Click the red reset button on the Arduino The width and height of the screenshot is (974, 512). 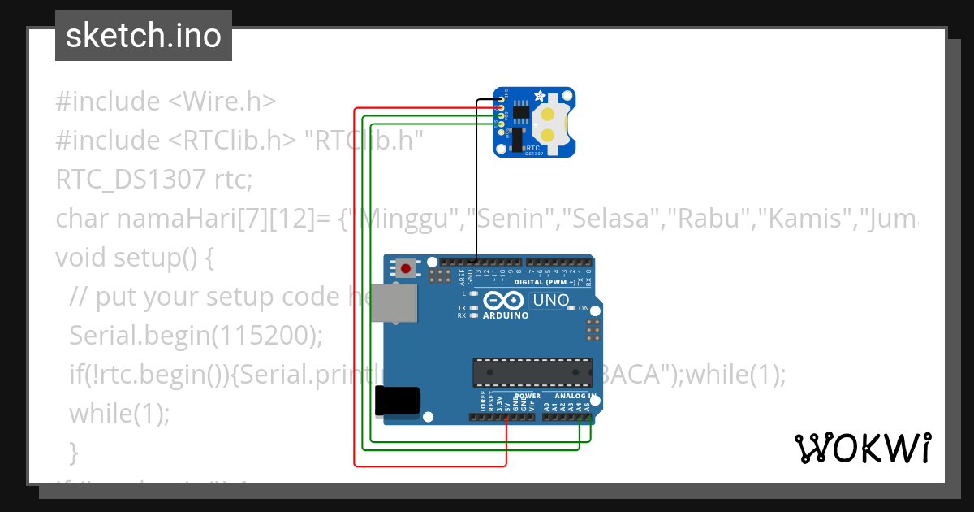405,267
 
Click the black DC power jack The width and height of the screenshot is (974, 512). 397,401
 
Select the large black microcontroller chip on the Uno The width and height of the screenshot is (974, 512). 532,371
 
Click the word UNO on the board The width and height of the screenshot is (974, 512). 551,301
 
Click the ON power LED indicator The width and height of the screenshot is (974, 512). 572,309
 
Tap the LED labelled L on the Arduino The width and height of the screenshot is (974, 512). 473,293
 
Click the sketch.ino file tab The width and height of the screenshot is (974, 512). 144,36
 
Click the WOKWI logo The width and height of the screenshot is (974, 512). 862,448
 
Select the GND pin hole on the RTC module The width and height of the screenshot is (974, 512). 501,100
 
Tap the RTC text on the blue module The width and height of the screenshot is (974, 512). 532,147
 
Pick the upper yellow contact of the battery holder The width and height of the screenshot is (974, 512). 549,115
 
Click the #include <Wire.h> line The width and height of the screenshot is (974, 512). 166,102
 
